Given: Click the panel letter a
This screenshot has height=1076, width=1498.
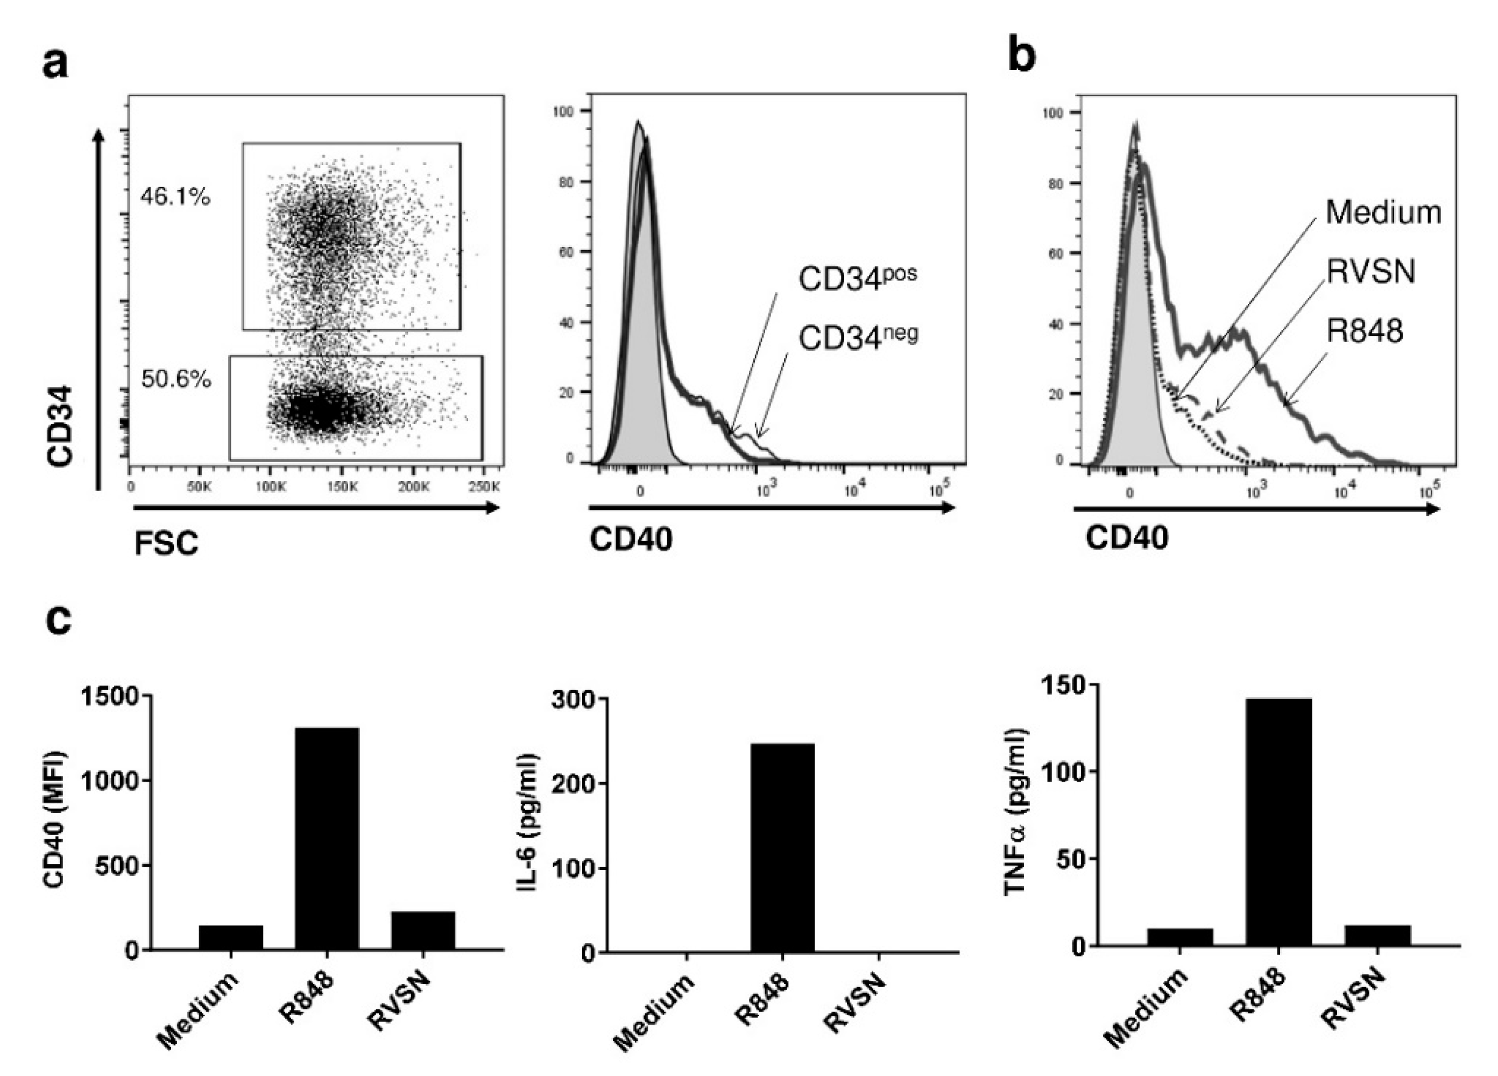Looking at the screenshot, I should (55, 65).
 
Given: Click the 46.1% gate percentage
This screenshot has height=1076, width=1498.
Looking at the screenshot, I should (175, 197).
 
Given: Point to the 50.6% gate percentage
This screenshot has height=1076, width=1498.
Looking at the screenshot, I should (176, 379).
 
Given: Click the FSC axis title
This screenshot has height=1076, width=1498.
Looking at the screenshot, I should (166, 544).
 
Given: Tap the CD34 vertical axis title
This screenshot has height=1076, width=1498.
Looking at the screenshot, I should (60, 436).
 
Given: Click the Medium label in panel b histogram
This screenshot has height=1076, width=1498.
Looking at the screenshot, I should (1383, 213).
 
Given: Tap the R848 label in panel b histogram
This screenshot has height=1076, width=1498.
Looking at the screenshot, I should (1365, 331).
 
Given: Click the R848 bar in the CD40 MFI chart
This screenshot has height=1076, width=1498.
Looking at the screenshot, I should (327, 838).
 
